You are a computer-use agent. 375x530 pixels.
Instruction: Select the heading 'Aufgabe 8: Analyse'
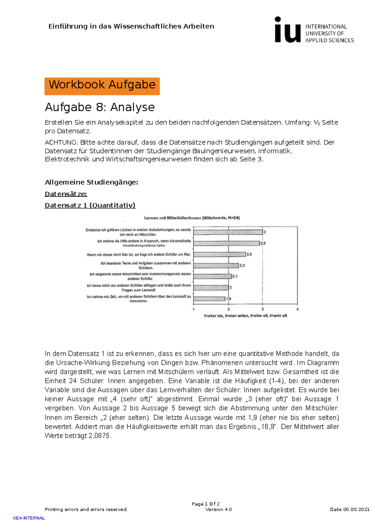tap(100, 107)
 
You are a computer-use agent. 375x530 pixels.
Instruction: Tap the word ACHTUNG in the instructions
tap(61, 143)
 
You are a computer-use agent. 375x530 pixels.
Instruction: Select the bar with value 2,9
tap(227, 243)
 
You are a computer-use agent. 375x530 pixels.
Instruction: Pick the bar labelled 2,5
tap(220, 254)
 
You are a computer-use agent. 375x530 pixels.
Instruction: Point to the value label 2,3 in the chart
tap(242, 266)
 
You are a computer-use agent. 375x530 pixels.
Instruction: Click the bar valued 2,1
tap(212, 277)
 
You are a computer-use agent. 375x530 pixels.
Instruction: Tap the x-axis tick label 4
tap(297, 309)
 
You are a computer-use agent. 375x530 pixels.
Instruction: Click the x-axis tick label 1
tap(194, 309)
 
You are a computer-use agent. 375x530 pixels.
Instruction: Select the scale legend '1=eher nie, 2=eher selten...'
tap(245, 316)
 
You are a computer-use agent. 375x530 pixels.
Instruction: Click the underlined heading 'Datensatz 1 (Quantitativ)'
tap(90, 205)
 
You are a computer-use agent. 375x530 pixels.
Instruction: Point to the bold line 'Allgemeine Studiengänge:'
tap(91, 182)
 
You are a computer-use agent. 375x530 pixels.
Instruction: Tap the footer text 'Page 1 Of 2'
tap(206, 504)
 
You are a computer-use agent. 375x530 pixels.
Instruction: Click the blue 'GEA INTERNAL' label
tap(29, 518)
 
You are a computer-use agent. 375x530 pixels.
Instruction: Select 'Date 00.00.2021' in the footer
tap(350, 509)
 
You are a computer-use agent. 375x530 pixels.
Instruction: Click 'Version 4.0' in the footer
tap(218, 509)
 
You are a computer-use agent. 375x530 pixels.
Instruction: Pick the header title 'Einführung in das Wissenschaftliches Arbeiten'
tap(131, 26)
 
